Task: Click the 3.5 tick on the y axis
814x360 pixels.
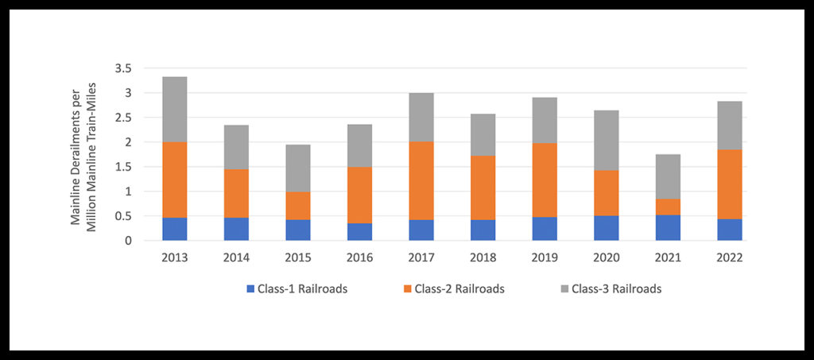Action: coord(123,68)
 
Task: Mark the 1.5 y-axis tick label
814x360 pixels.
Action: coord(123,167)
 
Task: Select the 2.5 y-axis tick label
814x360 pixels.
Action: coord(123,118)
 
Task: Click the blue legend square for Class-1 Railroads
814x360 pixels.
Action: coord(250,289)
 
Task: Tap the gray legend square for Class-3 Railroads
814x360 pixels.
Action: coord(566,289)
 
